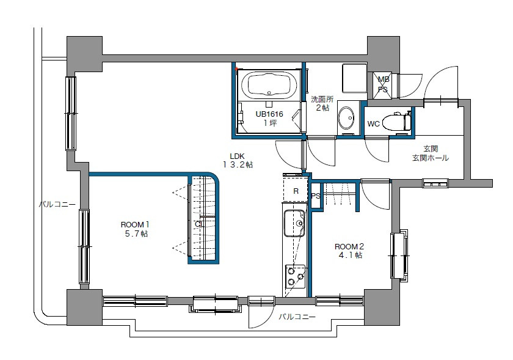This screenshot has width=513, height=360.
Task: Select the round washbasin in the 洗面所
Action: [347, 117]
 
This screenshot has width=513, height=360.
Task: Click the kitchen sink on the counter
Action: [294, 224]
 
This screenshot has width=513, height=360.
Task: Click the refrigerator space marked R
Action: [296, 191]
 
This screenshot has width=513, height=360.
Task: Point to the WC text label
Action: [374, 124]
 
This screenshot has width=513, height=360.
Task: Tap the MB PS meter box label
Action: [383, 84]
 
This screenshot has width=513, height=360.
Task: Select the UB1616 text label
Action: [269, 114]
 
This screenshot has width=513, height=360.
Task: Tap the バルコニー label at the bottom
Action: [297, 317]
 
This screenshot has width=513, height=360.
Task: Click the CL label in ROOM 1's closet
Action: [198, 224]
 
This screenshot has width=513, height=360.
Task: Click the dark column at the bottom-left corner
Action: [84, 307]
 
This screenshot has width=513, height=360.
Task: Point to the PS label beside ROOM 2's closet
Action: [316, 196]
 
